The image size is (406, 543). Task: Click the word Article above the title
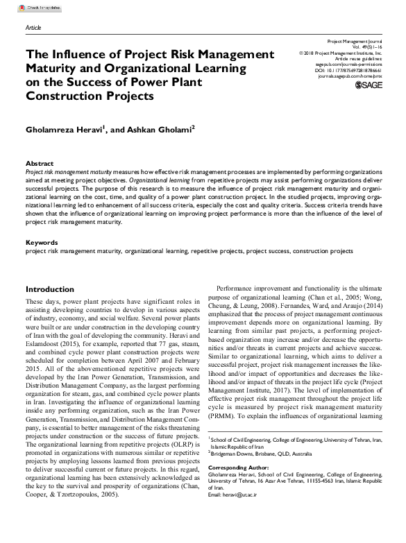[33, 28]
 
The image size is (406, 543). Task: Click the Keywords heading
[42, 243]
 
